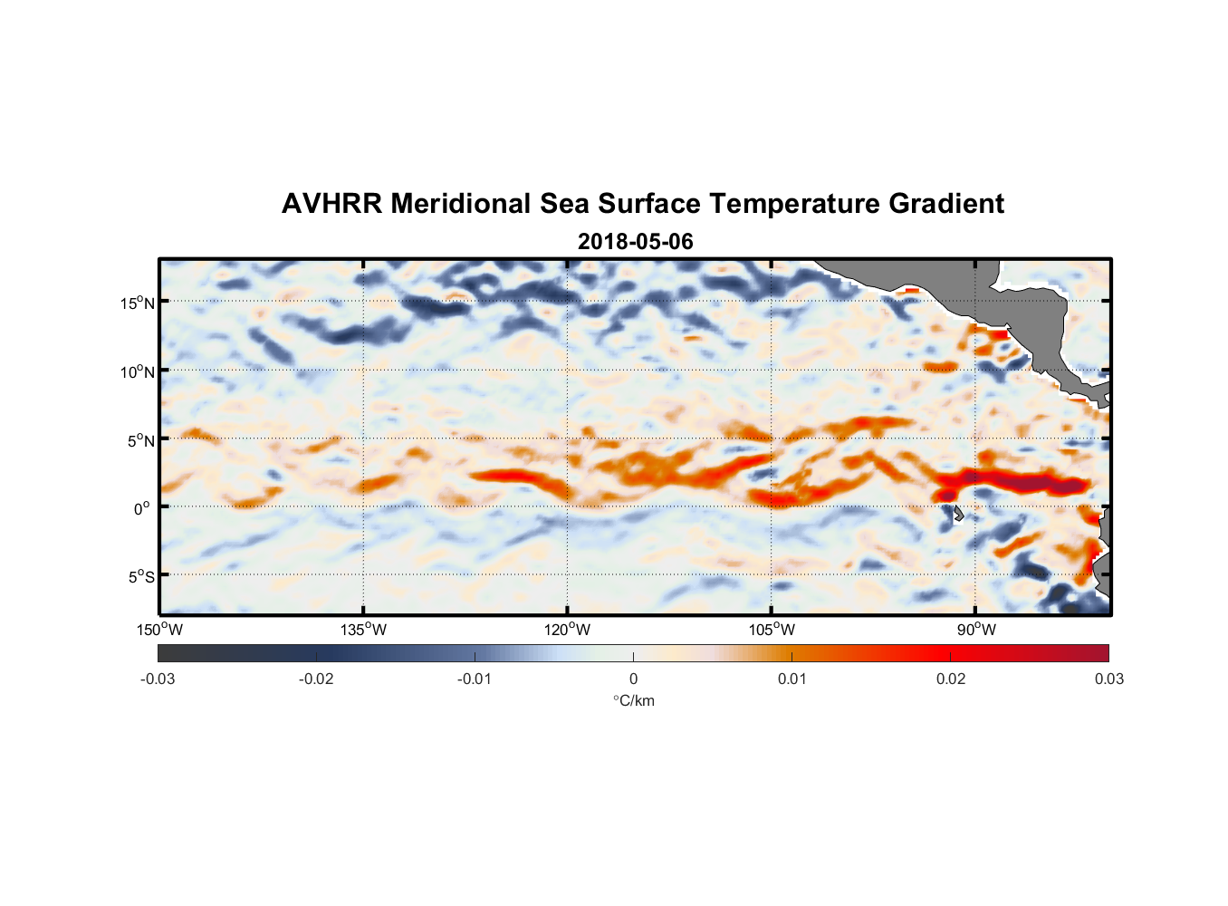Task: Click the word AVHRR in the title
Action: (x=331, y=204)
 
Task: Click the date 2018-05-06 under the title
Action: (x=635, y=242)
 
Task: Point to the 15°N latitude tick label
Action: (x=138, y=303)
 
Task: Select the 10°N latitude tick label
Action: (x=138, y=371)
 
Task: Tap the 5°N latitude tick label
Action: (x=140, y=440)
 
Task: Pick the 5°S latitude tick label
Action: (x=140, y=576)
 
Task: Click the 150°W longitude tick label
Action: (x=159, y=631)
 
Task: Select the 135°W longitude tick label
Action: (x=363, y=631)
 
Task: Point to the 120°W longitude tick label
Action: (x=567, y=631)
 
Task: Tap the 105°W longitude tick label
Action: (x=771, y=631)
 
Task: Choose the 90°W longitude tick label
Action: (x=976, y=631)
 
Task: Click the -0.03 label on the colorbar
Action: (x=158, y=679)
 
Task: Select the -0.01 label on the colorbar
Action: (x=475, y=679)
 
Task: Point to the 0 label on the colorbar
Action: (x=633, y=679)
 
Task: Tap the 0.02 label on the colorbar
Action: (x=950, y=679)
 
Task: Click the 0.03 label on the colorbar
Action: (x=1108, y=679)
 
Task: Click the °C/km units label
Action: (x=633, y=700)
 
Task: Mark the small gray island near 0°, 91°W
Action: (x=958, y=514)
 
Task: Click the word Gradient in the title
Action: (x=946, y=204)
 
